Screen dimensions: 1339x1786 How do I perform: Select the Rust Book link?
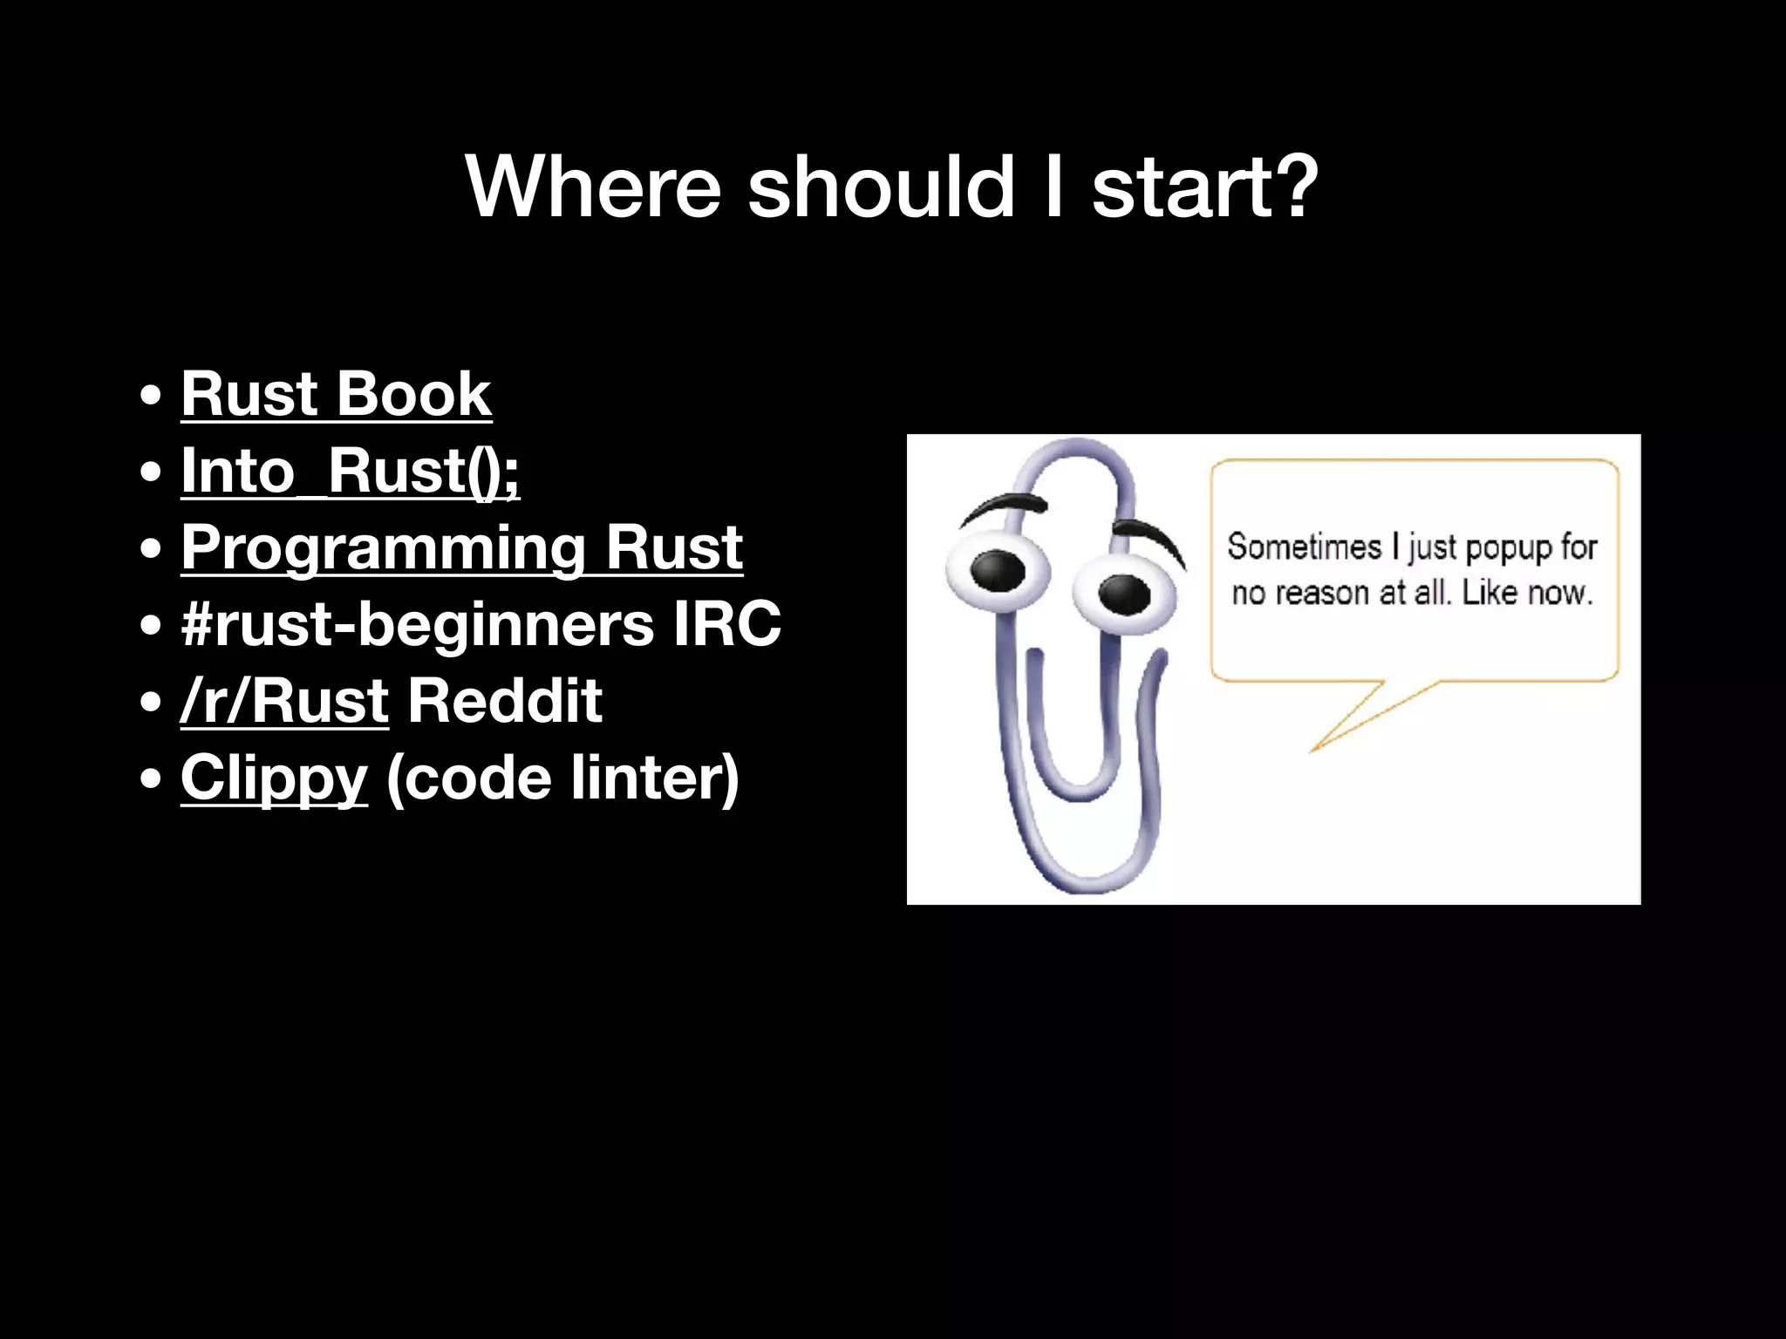[336, 394]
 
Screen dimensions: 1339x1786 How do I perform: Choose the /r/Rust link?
[284, 701]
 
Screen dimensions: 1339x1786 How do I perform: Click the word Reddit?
[505, 701]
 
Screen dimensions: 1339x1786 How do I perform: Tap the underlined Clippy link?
[274, 778]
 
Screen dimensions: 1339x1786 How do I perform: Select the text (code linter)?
[562, 778]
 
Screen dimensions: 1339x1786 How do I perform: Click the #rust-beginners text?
[417, 624]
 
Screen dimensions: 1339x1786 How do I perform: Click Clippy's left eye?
[998, 570]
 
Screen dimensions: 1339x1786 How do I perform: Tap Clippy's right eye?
[1124, 594]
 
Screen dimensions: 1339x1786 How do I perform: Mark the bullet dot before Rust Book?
[151, 395]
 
